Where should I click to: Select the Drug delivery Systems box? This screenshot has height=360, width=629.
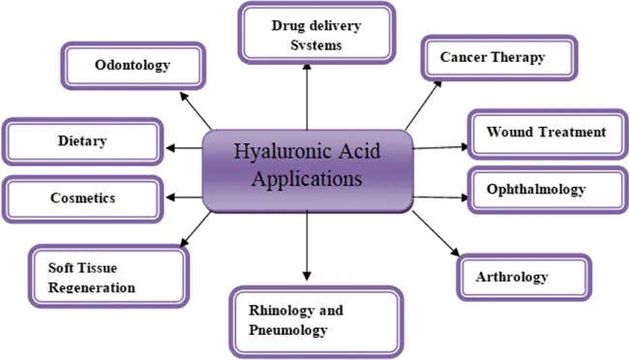pos(306,34)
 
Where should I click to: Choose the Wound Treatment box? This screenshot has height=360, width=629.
pos(546,133)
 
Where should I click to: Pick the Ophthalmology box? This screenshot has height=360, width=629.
pos(542,189)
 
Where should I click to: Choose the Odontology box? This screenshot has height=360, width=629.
pos(133,66)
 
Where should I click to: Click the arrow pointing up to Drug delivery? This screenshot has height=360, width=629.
pos(307,97)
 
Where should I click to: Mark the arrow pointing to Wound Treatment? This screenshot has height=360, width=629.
pos(440,148)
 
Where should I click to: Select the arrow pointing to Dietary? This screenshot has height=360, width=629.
pos(184,148)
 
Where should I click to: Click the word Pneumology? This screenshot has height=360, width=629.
pos(288,331)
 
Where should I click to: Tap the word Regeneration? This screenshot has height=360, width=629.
pos(93,287)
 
